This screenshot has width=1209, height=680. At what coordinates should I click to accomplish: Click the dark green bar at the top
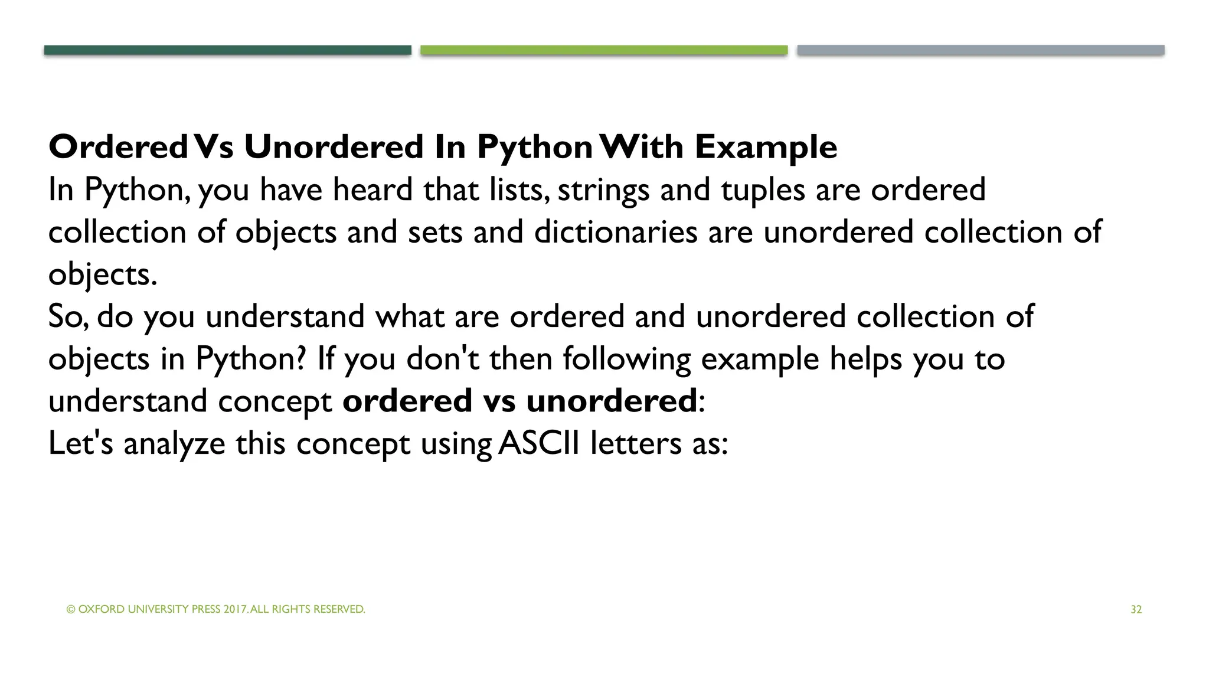(x=227, y=50)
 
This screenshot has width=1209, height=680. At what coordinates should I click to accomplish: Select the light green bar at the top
(x=604, y=50)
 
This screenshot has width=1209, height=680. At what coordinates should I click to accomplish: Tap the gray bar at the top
(x=981, y=50)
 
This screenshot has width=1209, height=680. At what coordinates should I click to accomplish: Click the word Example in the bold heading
(x=766, y=147)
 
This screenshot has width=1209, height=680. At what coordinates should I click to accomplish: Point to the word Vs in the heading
(x=214, y=147)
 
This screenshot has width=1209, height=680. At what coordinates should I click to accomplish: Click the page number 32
(x=1136, y=610)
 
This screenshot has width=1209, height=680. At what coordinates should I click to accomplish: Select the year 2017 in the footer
(x=235, y=610)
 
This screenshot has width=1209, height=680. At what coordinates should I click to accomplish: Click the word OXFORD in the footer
(x=101, y=610)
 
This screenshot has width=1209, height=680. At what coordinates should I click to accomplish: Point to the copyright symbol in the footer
(x=71, y=610)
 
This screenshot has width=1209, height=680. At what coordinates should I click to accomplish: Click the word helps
(x=865, y=359)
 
